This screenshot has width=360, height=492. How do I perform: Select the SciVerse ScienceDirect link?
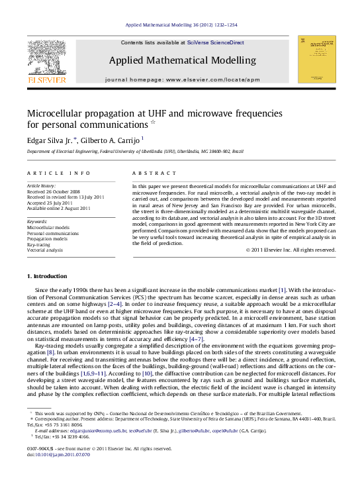tap(215, 42)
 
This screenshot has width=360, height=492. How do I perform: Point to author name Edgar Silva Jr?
tap(50, 140)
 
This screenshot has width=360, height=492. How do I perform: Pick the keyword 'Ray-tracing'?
tap(38, 244)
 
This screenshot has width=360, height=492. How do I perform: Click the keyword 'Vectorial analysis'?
tap(44, 250)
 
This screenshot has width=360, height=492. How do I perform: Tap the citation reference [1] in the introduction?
tap(282, 291)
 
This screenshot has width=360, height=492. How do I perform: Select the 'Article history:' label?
tap(41, 187)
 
